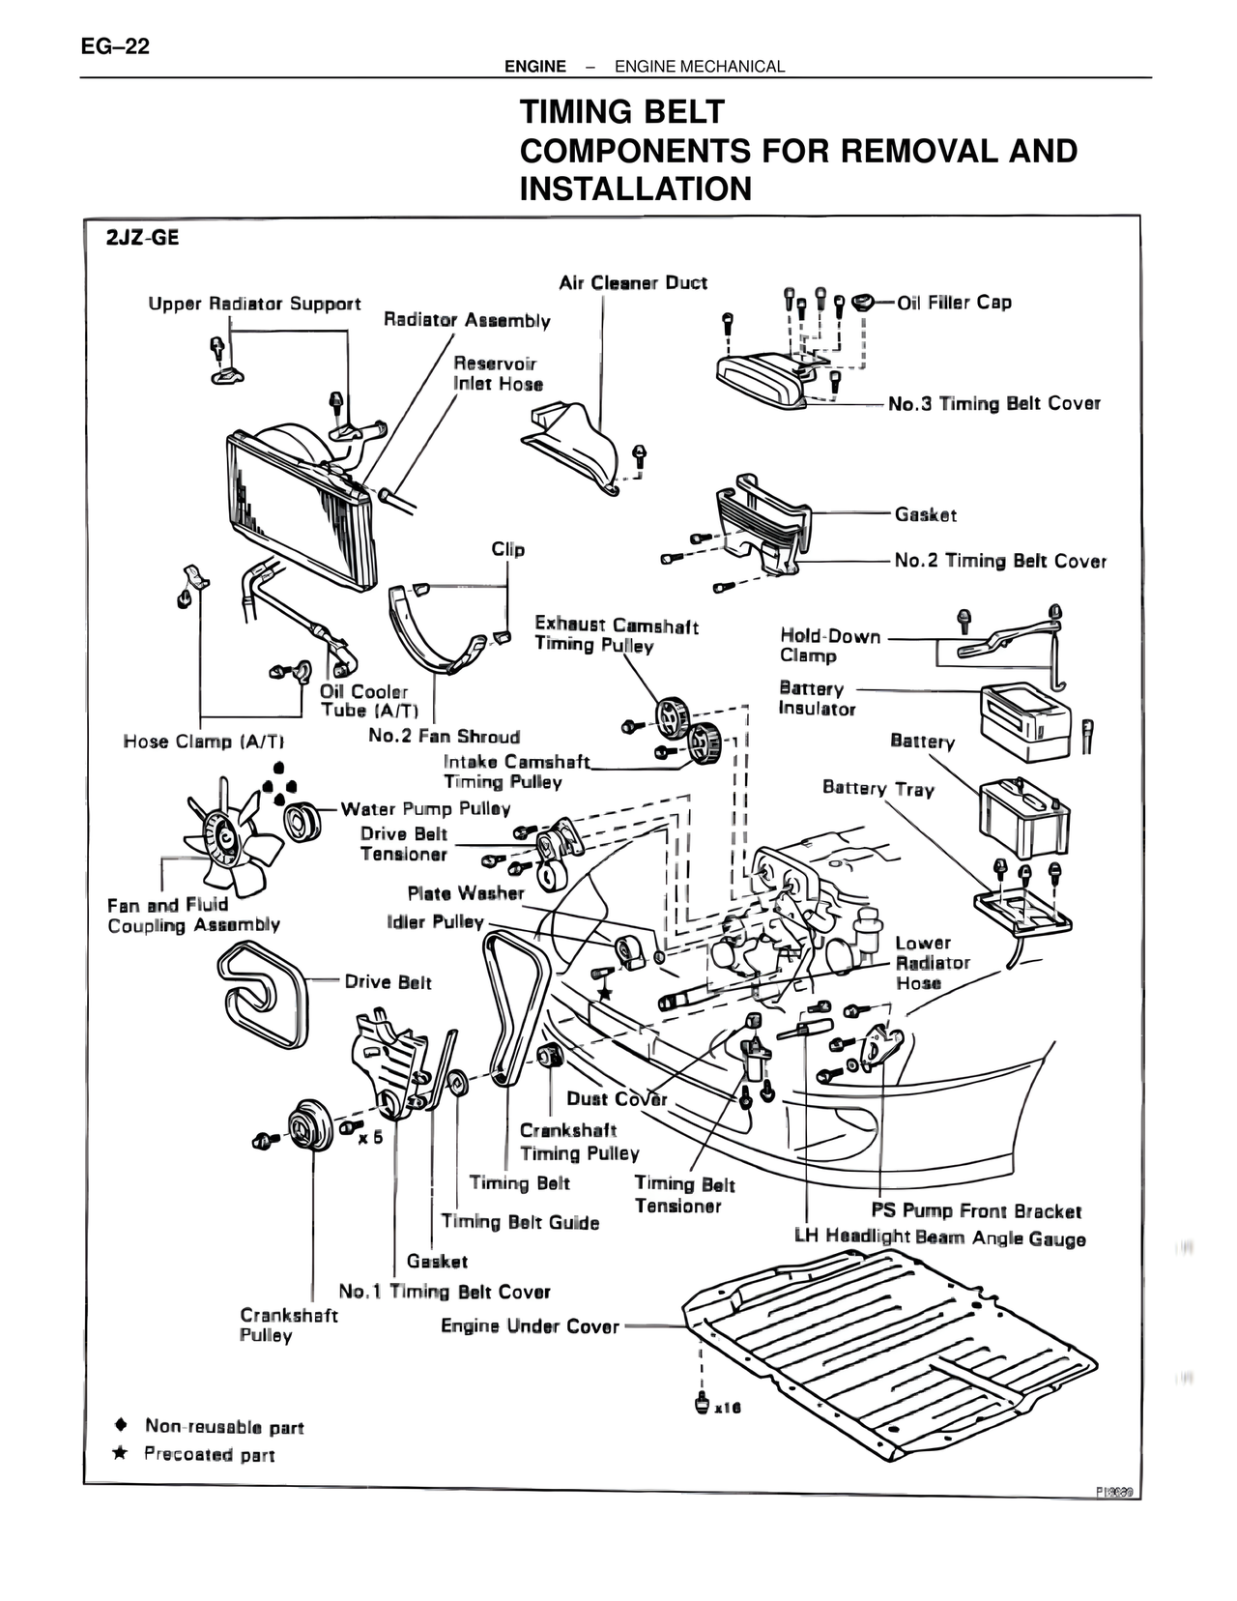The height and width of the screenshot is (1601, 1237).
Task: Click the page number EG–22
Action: tap(115, 45)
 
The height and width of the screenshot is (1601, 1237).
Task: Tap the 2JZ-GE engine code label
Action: tap(143, 238)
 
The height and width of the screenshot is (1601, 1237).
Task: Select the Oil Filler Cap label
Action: tap(954, 303)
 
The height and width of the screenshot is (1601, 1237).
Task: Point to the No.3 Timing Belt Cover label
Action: tap(994, 404)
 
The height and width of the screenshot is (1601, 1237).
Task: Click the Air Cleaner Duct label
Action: tap(633, 283)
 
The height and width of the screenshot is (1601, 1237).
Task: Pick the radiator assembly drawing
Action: tap(300, 503)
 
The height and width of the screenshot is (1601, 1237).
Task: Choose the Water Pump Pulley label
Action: tap(425, 809)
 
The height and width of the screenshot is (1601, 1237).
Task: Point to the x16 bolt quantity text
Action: tap(727, 1408)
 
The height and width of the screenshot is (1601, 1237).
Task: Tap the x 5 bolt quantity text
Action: tap(370, 1137)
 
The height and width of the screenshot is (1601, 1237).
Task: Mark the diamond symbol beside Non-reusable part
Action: tap(121, 1425)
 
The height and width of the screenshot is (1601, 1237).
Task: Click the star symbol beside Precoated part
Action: tap(121, 1453)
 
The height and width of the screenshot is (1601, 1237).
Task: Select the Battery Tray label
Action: tap(877, 788)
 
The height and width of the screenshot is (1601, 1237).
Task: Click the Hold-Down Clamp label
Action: tap(830, 646)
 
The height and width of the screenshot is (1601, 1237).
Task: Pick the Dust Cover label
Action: tap(617, 1098)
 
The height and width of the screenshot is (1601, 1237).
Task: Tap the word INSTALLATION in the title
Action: tap(635, 189)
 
